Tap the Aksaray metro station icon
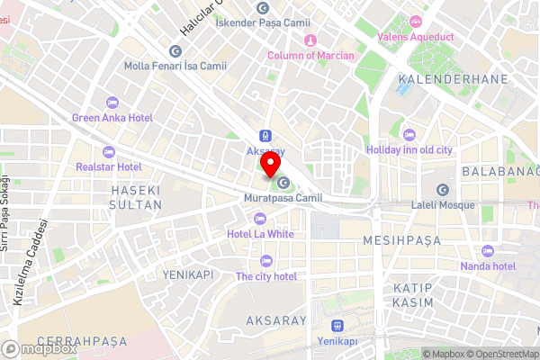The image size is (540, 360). coord(266,134)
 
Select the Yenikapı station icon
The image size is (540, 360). coord(337,326)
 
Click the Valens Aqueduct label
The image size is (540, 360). coord(415,36)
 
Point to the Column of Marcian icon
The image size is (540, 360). coord(310,40)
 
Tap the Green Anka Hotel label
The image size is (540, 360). coord(112,118)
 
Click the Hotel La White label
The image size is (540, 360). coord(261,234)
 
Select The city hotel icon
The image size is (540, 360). coord(265,260)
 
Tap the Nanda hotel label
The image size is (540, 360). coord(487,266)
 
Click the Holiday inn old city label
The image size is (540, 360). coord(409,149)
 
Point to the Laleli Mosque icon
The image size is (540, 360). coord(442,190)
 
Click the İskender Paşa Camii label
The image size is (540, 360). coord(263,22)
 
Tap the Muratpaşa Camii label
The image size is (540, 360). coord(283,198)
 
